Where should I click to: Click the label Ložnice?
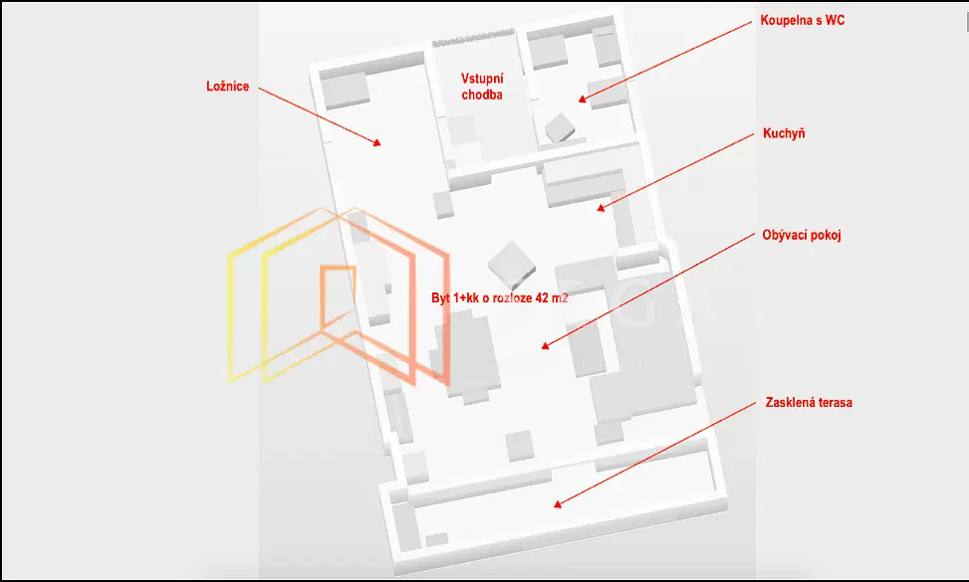coord(227,87)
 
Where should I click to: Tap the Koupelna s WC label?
coord(802,20)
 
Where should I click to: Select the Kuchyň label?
coord(784,133)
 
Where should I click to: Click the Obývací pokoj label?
coord(802,235)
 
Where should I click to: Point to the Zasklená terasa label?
coord(809,402)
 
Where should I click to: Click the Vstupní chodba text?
coord(482,87)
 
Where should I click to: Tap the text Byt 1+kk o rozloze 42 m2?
coord(499,297)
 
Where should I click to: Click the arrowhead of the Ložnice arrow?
coord(376,142)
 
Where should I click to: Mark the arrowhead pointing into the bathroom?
coord(583,98)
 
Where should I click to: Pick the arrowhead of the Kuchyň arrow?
coord(601,208)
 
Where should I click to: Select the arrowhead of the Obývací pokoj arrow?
coord(546,345)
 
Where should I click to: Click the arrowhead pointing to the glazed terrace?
coord(558,503)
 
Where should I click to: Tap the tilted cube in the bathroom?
coord(560,127)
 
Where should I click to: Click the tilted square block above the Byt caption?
coord(512,265)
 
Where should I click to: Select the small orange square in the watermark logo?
coord(338,297)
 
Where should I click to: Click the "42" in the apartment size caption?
coord(542,297)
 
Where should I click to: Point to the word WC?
coord(835,20)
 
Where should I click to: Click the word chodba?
coord(482,95)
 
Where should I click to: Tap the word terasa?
coord(835,402)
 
